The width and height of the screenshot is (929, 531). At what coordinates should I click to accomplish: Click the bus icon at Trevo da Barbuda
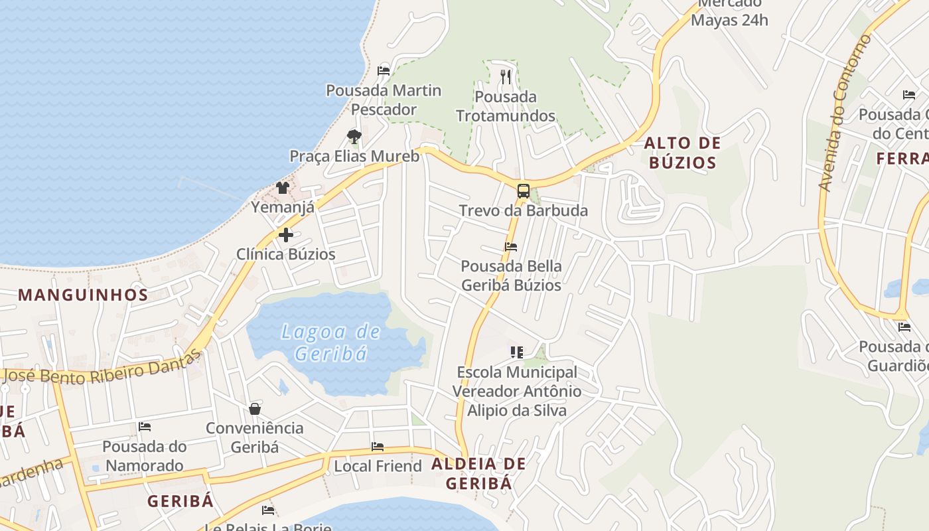[x=523, y=191]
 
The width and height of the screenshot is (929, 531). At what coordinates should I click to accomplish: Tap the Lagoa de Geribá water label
[x=330, y=342]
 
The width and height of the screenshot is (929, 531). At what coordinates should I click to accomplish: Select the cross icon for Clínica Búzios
[x=285, y=235]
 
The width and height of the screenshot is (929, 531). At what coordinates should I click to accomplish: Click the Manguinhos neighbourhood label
[x=83, y=295]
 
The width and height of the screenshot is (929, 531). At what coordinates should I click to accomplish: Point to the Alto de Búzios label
[x=682, y=153]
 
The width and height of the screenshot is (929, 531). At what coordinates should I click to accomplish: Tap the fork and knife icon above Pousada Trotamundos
[x=506, y=77]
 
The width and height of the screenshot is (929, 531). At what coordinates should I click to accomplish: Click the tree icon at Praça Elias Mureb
[x=354, y=137]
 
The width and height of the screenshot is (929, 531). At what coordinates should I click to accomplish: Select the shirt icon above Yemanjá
[x=282, y=188]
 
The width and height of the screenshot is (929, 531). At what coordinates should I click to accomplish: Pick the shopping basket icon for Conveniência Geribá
[x=255, y=409]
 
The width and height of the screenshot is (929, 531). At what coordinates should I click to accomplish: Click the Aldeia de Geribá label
[x=478, y=473]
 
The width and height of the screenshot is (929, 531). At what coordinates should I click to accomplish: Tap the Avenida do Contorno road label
[x=845, y=113]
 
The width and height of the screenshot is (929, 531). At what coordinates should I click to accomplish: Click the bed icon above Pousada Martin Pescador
[x=384, y=70]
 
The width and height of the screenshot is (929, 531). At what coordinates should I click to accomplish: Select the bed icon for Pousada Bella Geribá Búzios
[x=510, y=247]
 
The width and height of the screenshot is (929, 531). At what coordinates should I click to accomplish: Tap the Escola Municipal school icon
[x=516, y=352]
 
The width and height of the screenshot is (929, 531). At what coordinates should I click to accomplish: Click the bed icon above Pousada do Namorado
[x=145, y=427]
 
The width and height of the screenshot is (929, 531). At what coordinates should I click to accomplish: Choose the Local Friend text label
[x=378, y=466]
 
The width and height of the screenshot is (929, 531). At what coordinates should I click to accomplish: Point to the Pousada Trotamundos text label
[x=506, y=106]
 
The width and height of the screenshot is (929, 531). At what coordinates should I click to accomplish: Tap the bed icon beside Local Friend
[x=378, y=447]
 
